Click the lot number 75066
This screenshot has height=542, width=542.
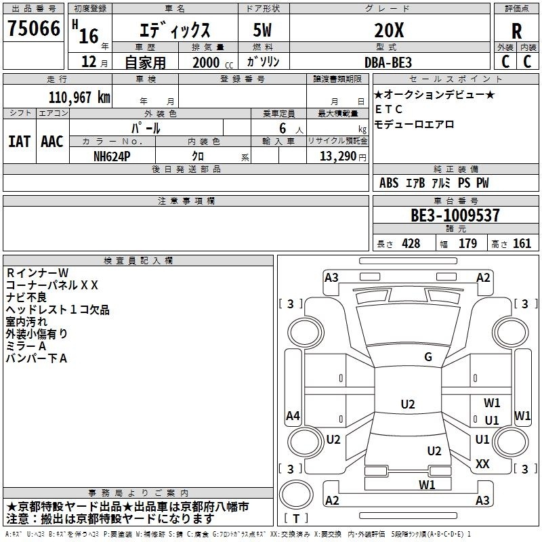pos(34,29)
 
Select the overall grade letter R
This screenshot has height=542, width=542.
pos(516,31)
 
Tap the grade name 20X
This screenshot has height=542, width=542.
pos(389,30)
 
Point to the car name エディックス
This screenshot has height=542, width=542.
pos(175,30)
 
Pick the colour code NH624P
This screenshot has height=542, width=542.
pos(112,157)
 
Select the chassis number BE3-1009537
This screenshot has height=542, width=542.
pos(455,216)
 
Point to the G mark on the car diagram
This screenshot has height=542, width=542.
pos(428,357)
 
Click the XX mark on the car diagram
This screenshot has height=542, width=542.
pos(482,464)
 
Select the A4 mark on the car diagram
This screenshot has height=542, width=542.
pos(293,416)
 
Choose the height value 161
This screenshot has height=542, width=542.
pos(522,244)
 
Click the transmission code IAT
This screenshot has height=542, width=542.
pos(19,142)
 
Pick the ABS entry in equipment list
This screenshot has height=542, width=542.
pos(389,183)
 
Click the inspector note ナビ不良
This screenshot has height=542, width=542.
pos(26,297)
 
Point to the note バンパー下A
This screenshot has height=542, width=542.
pos(37,358)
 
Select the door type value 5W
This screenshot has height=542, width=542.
pos(264,30)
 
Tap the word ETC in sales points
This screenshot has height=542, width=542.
pos(389,109)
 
